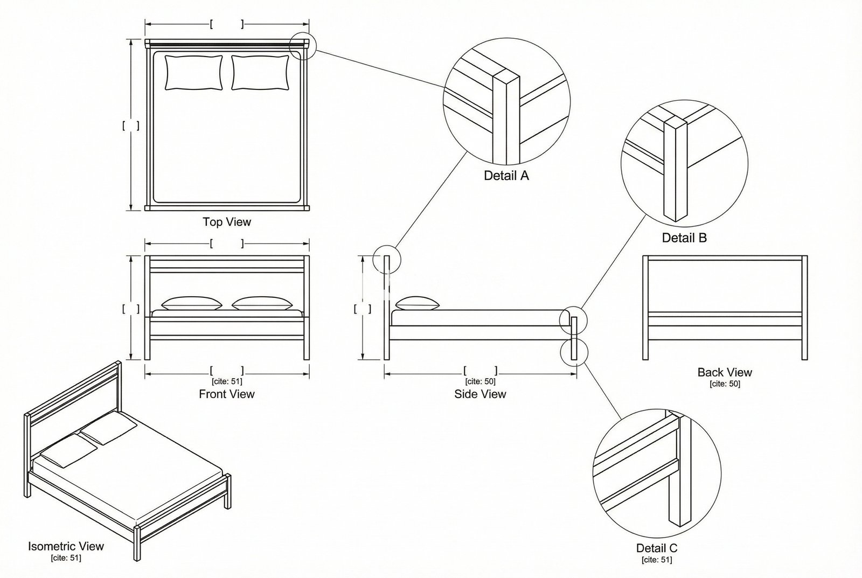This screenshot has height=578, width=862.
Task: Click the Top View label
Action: coord(227,221)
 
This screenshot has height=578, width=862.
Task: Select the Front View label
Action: coord(227,394)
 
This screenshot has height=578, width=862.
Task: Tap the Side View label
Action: coord(480,394)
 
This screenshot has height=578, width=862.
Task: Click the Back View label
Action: coord(725,372)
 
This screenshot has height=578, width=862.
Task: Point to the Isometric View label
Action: coord(66,546)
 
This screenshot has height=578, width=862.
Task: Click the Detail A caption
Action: coord(506,175)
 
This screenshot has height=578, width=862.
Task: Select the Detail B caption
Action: coord(684,238)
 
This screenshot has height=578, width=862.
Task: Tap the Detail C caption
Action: coord(657,548)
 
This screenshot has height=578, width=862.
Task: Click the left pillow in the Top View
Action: coord(193,72)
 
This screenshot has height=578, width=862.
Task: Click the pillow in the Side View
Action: coord(418,303)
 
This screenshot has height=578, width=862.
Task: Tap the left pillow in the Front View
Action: coord(192,303)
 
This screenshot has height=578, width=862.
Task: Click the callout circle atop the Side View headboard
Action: coord(387,258)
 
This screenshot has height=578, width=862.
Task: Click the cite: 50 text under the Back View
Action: coord(725,384)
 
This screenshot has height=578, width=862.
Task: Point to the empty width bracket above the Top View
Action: coord(227,24)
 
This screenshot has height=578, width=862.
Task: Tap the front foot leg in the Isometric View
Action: coord(138,544)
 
